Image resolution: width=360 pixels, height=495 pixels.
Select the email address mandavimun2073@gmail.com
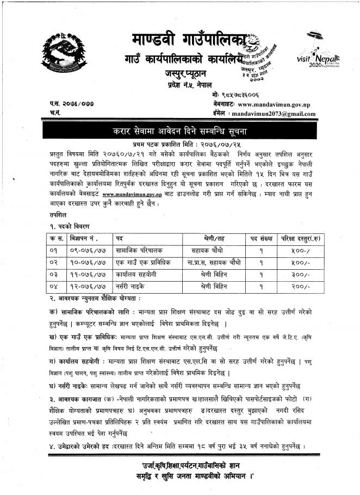[273, 114]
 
